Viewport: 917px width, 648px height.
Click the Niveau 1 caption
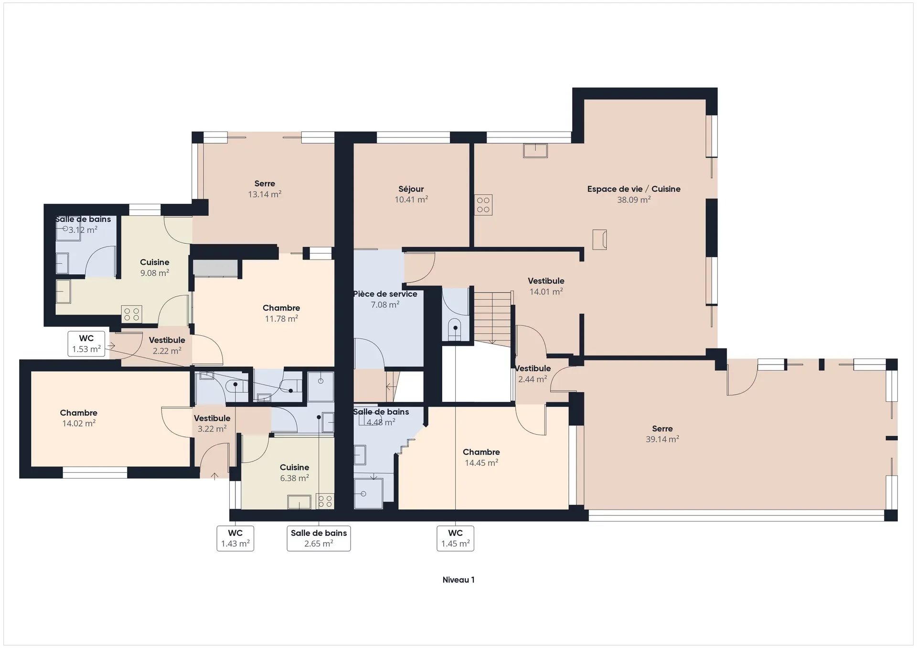coord(458,580)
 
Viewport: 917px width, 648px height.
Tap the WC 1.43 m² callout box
coord(235,538)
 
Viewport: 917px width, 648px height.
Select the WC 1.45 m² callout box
coord(456,538)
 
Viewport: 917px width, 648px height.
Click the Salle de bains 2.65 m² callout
coord(319,538)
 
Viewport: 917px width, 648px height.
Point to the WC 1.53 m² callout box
coord(86,344)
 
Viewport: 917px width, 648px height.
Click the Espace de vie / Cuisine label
coord(634,189)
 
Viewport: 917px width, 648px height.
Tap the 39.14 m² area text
coord(662,439)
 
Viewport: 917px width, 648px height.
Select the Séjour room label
coord(411,189)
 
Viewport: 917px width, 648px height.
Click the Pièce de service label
coord(385,294)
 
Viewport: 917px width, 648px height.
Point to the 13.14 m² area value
coord(265,194)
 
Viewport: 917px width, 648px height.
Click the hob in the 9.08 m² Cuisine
coord(132,314)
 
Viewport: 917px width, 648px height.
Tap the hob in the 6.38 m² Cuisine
coord(325,502)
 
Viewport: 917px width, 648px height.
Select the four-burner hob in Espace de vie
coord(483,205)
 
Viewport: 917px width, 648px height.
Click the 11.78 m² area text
coord(281,319)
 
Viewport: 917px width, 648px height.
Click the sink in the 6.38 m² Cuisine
coord(299,502)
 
